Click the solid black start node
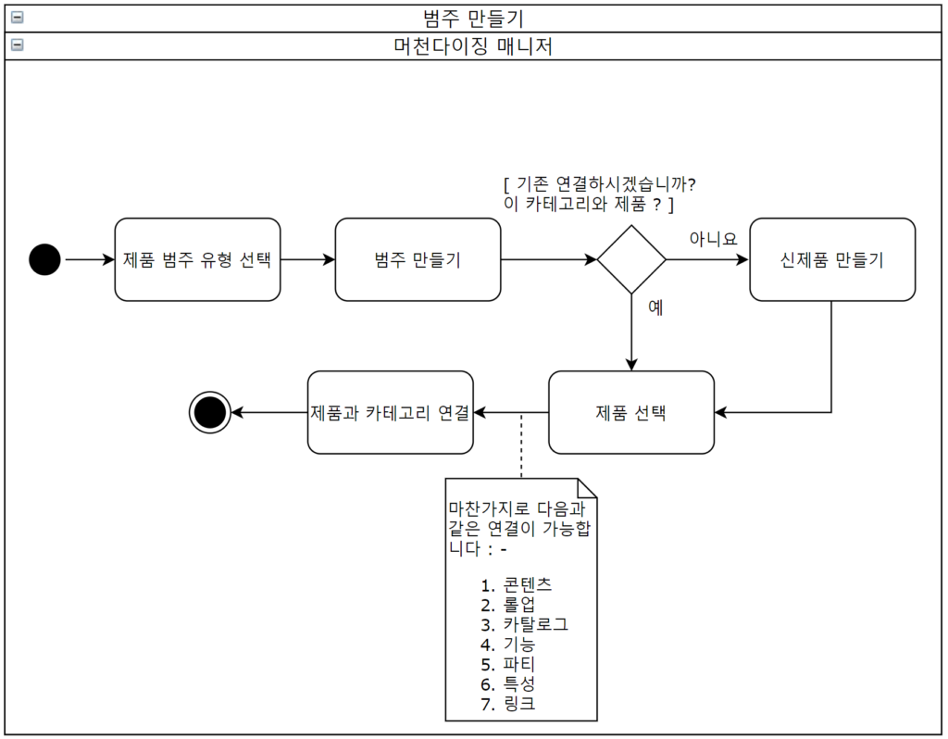(x=44, y=260)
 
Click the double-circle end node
(x=209, y=412)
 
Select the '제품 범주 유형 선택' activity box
(x=197, y=260)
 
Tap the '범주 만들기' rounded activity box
(x=418, y=260)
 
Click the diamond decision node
(x=631, y=260)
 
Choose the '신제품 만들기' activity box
(x=832, y=260)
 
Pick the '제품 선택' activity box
(x=631, y=412)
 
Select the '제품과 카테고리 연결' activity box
(x=390, y=412)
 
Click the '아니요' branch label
(x=713, y=238)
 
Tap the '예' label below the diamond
(x=655, y=308)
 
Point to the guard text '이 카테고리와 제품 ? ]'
(x=588, y=204)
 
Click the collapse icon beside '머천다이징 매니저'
(x=17, y=44)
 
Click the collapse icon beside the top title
(x=17, y=17)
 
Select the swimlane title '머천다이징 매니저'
(x=473, y=45)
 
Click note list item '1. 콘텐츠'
(x=517, y=584)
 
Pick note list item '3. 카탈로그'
(x=524, y=624)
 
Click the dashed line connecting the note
(x=521, y=446)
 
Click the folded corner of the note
(x=587, y=487)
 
